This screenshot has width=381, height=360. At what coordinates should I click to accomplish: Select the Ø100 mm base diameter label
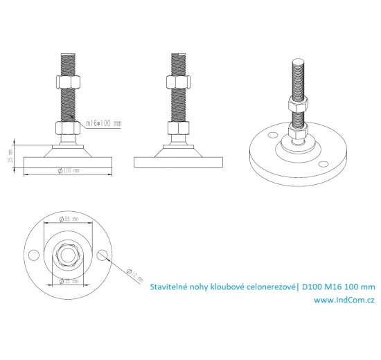[68, 170]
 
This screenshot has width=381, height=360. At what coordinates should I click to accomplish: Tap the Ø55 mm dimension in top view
[68, 218]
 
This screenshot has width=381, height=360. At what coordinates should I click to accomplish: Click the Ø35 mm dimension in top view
[67, 282]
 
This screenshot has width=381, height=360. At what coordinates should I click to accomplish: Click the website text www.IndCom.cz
[344, 300]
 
